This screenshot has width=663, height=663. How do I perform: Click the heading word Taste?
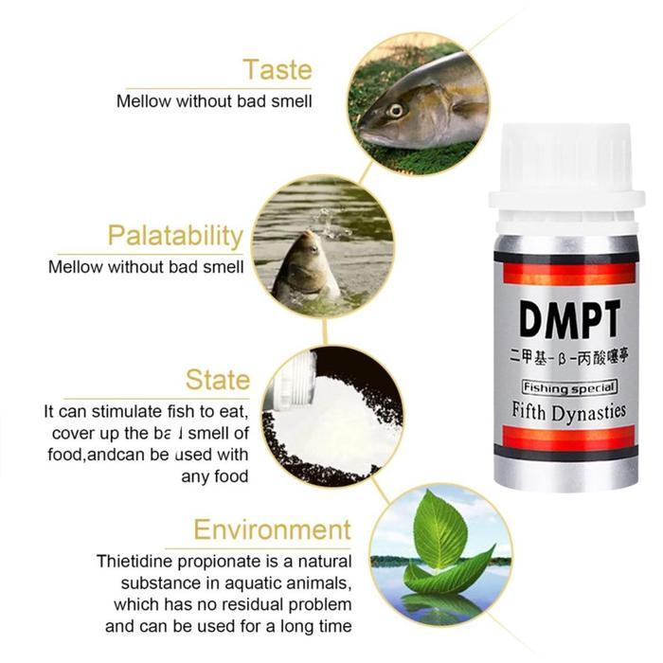277,69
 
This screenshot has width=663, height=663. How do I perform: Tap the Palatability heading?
175,236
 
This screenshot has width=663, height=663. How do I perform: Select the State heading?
218,381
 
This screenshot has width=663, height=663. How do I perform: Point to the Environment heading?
272,529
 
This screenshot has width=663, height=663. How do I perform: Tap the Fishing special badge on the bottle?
569,386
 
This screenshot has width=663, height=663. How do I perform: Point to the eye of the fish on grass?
395,110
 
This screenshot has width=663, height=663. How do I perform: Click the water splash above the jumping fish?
328,221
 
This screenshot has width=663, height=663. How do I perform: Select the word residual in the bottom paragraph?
243,603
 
